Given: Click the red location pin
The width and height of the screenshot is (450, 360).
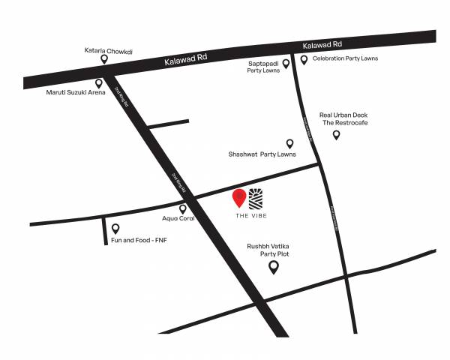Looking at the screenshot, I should click(x=239, y=197).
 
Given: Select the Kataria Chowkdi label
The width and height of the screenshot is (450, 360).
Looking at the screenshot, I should click(x=108, y=52).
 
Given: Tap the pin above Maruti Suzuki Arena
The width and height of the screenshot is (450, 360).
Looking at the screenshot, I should click(x=98, y=83).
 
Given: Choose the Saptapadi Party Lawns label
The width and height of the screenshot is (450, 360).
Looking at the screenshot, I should click(x=263, y=67).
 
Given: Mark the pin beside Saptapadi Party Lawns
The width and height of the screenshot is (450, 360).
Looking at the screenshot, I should click(x=286, y=64).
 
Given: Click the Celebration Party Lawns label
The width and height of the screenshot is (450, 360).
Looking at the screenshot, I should click(x=345, y=58).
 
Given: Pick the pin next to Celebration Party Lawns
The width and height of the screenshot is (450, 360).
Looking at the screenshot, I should click(x=304, y=58).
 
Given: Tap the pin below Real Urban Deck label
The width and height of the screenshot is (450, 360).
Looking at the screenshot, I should click(x=336, y=134).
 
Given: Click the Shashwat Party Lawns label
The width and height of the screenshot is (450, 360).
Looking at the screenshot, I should click(x=262, y=154).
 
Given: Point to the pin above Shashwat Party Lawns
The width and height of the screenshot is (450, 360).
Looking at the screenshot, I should click(x=289, y=142).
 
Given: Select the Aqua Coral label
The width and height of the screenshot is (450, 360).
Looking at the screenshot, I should click(x=179, y=219).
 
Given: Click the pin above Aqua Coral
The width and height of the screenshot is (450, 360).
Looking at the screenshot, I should click(x=182, y=208).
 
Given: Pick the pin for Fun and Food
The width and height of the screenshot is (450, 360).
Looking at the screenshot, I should click(x=115, y=228).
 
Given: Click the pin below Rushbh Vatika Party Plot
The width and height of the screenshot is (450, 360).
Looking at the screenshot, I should click(x=274, y=266).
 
